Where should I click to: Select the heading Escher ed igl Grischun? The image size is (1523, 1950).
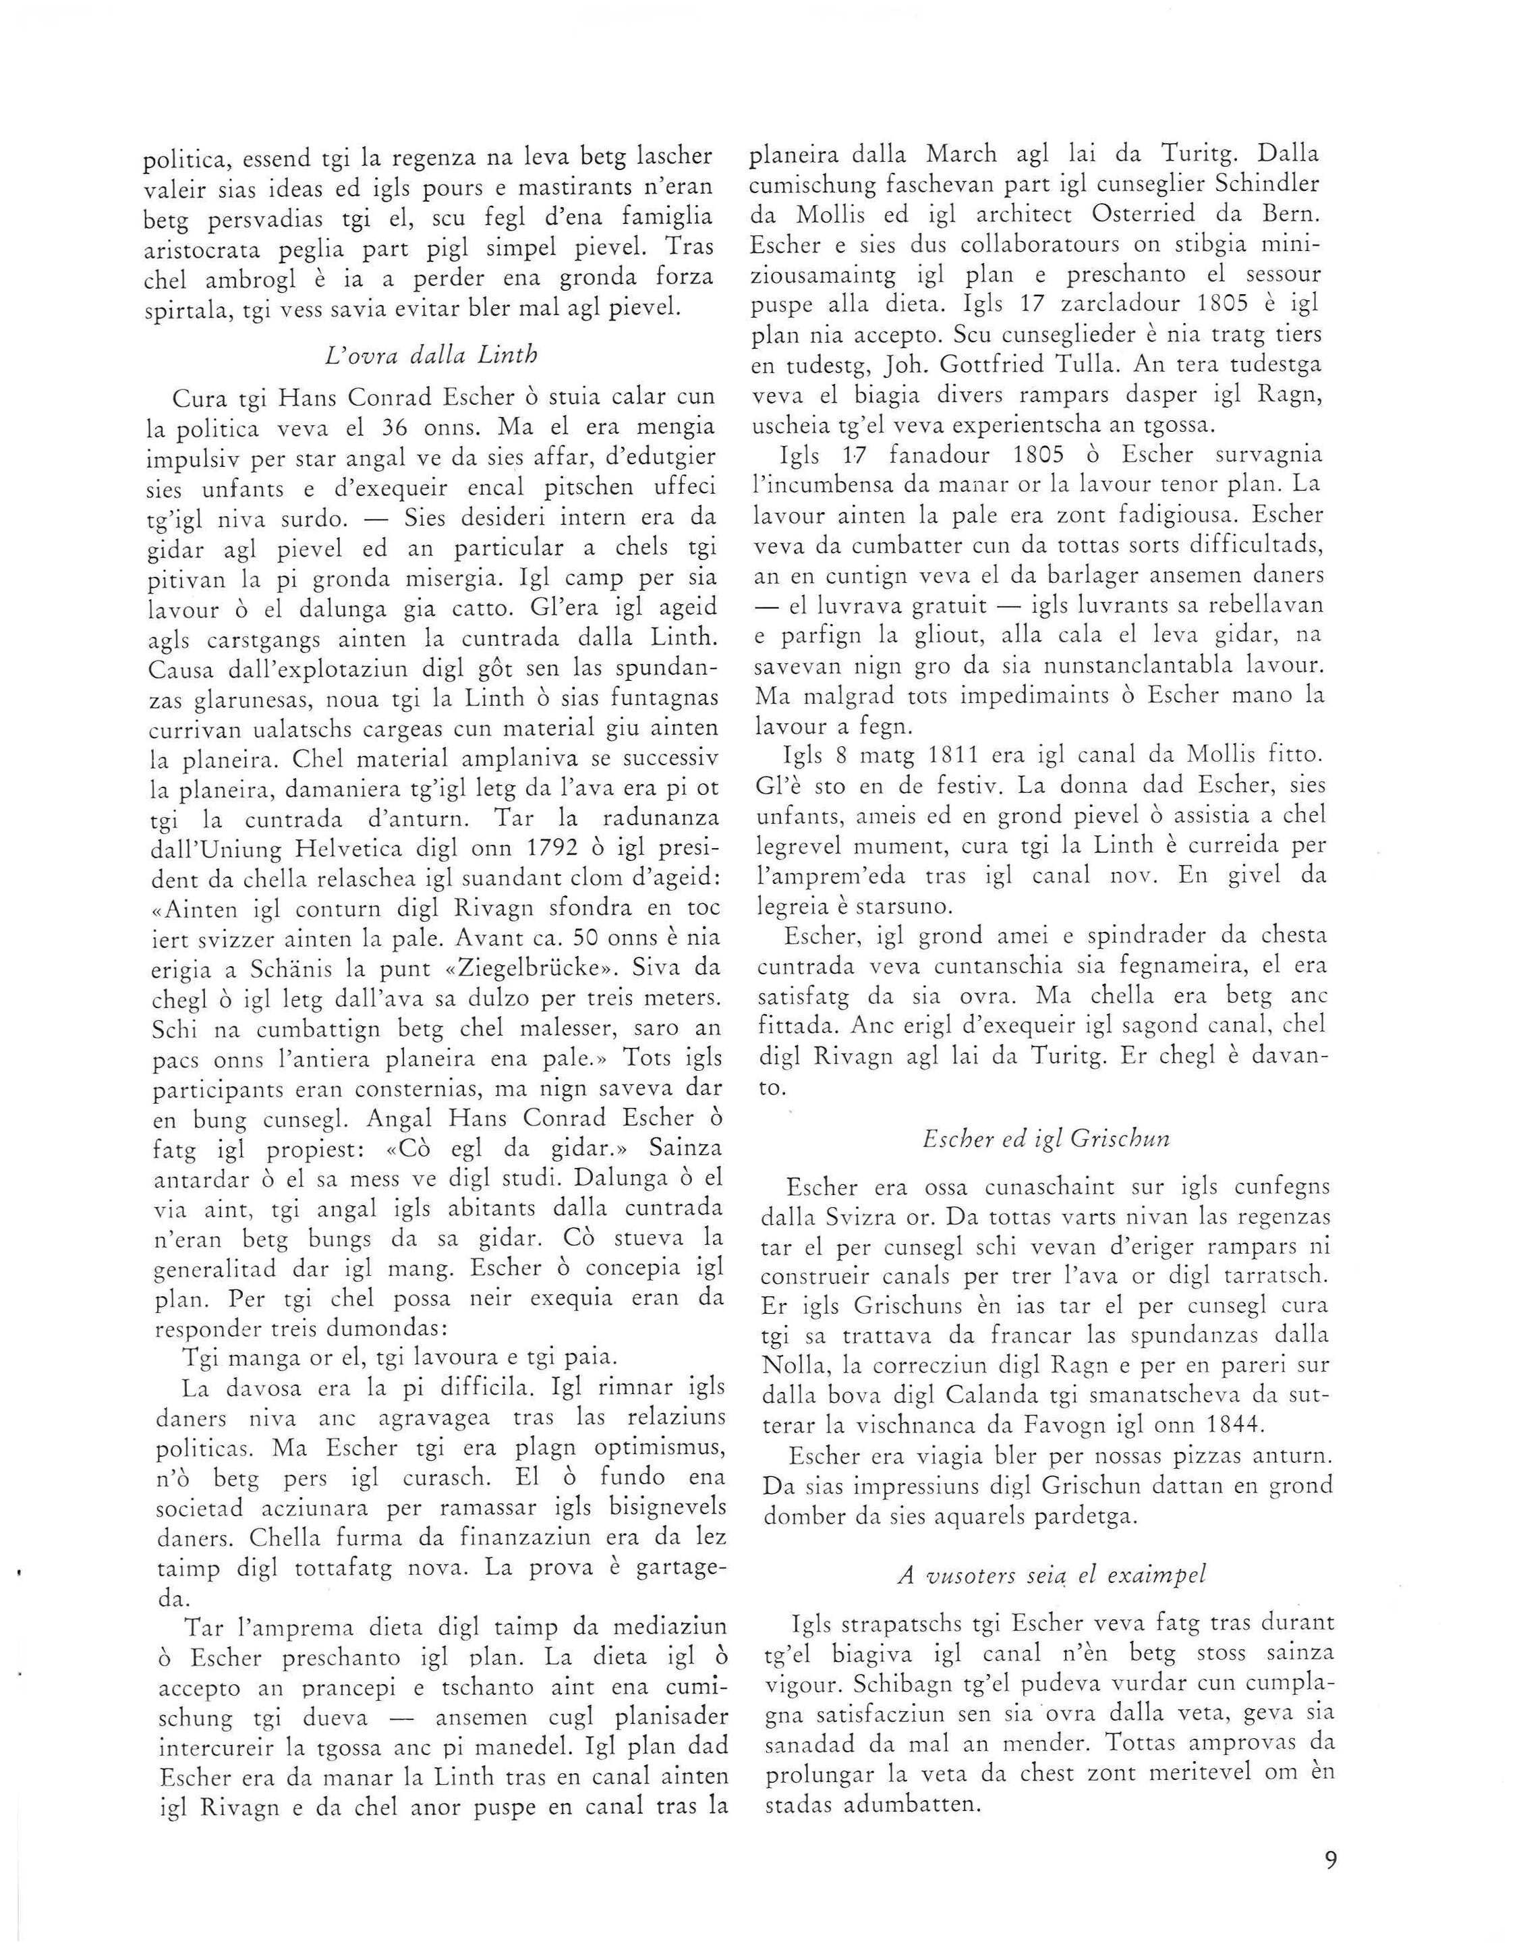[1045, 1138]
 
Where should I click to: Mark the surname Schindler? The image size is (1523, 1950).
[1255, 184]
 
